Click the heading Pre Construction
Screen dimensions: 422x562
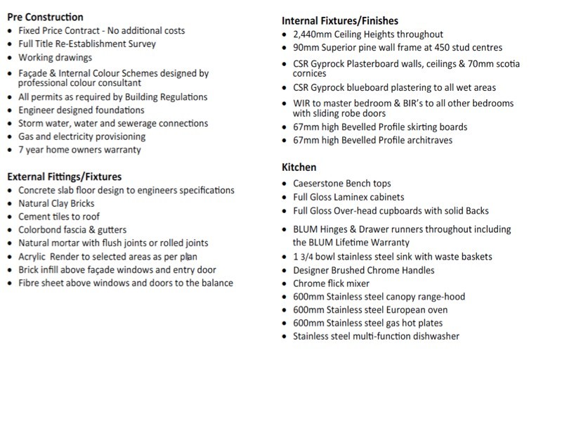[x=45, y=17]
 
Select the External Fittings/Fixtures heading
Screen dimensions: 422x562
[x=64, y=177]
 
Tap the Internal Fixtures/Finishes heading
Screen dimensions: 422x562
[x=339, y=21]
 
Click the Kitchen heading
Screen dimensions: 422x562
[x=299, y=167]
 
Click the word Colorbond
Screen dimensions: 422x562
[x=41, y=230]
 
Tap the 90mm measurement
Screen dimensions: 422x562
[x=306, y=48]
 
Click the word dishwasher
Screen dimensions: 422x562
[x=436, y=336]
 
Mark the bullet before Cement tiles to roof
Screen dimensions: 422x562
[x=8, y=217]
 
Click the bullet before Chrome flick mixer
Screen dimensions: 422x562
[x=283, y=284]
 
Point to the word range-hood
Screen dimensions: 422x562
[x=440, y=297]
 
